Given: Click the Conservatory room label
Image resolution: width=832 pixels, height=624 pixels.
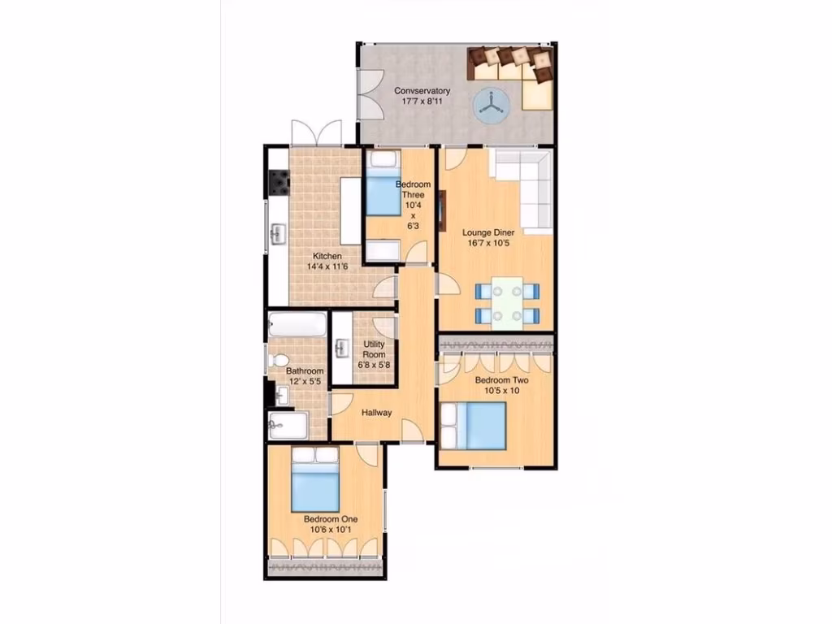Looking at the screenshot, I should tap(422, 90).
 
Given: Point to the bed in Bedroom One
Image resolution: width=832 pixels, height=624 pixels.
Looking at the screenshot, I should tap(314, 482).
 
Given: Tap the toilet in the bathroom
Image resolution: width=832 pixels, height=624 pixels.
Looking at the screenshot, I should tap(278, 358).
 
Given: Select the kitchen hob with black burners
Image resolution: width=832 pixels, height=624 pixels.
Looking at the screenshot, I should tap(280, 183).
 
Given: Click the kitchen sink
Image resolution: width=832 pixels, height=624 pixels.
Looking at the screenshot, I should tap(277, 235).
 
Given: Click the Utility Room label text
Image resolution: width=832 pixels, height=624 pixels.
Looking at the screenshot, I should tap(374, 349).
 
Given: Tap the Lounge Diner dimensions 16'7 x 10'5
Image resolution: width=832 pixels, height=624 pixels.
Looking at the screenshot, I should tap(490, 242).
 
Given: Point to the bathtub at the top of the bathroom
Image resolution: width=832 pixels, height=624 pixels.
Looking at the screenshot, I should tap(297, 325).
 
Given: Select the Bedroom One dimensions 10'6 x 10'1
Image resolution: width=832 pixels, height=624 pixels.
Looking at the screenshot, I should tap(330, 530).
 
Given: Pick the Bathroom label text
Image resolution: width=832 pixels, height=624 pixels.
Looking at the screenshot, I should tap(304, 371).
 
